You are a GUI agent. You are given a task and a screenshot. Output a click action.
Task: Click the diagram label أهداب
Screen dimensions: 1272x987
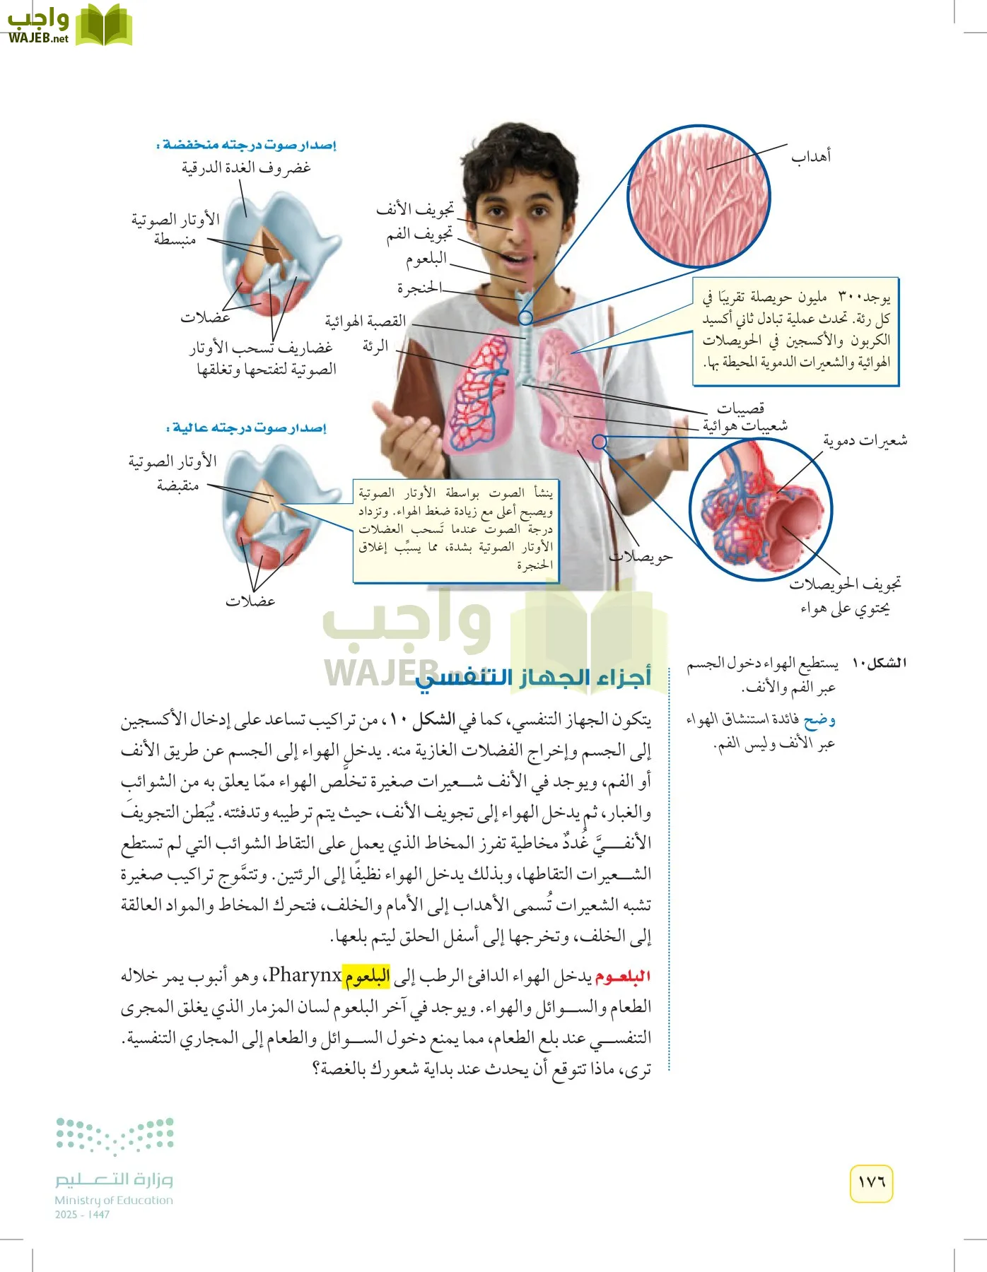tap(810, 155)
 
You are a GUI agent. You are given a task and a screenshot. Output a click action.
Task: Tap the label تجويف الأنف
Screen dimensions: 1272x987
tap(415, 209)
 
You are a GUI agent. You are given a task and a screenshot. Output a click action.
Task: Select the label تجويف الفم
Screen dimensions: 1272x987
tap(419, 234)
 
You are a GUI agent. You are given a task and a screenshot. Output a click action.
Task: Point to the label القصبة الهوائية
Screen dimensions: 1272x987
tap(366, 321)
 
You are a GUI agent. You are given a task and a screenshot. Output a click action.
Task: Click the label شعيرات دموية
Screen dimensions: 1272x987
tap(865, 441)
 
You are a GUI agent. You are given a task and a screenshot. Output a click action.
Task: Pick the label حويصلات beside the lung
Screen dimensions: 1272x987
tap(641, 557)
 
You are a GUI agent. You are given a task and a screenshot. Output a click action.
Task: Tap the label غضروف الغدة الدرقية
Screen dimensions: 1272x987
tap(246, 167)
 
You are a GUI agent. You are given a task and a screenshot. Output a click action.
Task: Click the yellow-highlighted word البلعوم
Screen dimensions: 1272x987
tap(367, 977)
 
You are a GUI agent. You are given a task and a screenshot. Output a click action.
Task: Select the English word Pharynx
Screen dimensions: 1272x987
tap(305, 976)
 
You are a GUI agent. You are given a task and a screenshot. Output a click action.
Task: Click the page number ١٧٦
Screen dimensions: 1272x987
tap(871, 1182)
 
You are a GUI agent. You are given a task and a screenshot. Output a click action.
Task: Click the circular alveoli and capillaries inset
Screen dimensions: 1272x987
tap(761, 509)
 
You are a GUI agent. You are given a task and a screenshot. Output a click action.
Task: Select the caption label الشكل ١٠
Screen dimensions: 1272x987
tap(879, 663)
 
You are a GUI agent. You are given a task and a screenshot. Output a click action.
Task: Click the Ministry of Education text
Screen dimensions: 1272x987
tap(114, 1200)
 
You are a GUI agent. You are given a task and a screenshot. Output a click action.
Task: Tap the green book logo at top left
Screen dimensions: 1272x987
tap(103, 25)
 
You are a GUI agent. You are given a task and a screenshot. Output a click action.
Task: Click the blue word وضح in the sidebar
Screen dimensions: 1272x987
tap(819, 720)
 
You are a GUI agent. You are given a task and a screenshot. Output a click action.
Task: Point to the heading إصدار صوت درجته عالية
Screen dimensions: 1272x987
tap(246, 428)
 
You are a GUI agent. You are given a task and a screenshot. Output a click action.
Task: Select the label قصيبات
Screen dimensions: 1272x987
tap(741, 408)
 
